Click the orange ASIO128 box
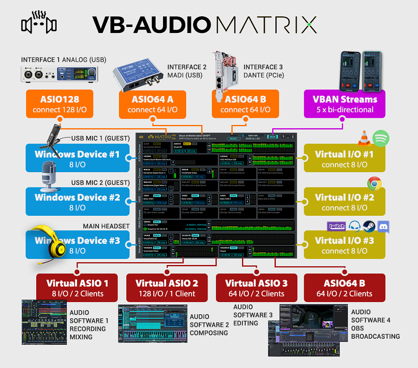click(x=59, y=104)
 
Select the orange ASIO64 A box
click(x=152, y=104)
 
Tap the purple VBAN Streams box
click(x=344, y=104)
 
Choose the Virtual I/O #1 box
click(x=344, y=159)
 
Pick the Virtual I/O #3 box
click(x=344, y=245)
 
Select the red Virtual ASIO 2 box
click(x=167, y=288)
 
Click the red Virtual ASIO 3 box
click(x=256, y=288)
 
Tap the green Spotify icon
click(x=381, y=138)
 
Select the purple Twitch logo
click(x=337, y=226)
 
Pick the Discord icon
click(x=384, y=227)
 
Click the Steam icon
click(x=369, y=226)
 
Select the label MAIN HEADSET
click(x=106, y=226)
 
